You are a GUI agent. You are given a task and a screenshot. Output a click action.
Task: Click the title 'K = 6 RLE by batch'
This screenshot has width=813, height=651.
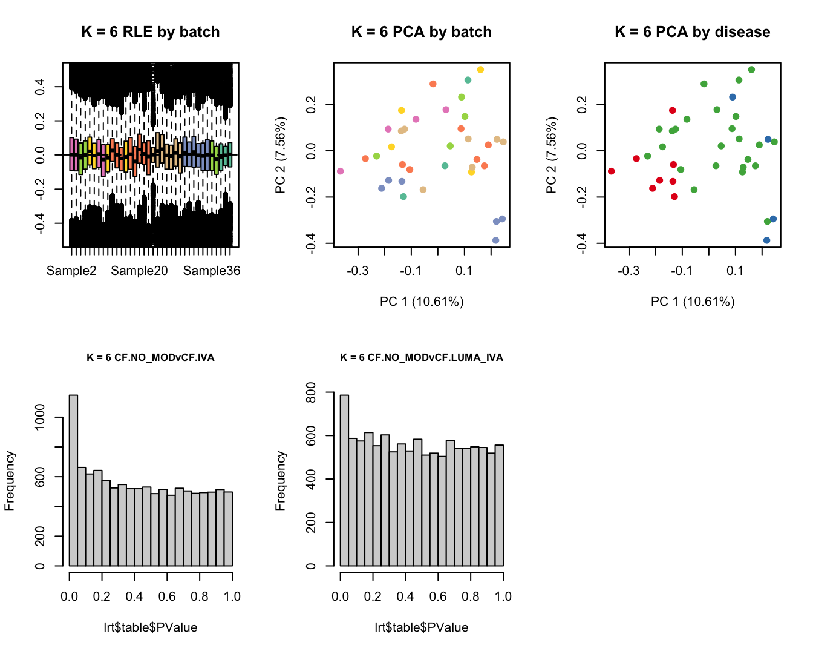coord(151,32)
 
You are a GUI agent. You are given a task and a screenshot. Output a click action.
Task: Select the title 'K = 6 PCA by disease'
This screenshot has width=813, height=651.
coord(692,32)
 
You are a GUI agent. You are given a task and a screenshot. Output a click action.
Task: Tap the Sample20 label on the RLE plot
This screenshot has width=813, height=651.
coord(139,271)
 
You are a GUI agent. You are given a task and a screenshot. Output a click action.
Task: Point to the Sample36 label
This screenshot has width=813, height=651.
coord(212,271)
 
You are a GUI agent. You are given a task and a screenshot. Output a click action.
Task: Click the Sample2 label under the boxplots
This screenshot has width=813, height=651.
coord(71,271)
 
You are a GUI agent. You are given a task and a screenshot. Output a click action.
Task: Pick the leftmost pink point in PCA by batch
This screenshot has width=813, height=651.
coord(340,171)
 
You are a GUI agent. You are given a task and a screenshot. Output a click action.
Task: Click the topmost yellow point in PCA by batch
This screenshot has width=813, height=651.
coord(480,70)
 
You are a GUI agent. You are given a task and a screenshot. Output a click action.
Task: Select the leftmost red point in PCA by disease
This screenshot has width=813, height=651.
coord(611,171)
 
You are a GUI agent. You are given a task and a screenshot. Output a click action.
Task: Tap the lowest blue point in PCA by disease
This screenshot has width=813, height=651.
coord(766,240)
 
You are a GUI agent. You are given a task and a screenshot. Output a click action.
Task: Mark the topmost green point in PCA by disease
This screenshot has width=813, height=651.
coord(751,70)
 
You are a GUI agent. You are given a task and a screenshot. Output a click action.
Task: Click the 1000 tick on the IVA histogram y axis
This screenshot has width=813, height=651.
coord(40,418)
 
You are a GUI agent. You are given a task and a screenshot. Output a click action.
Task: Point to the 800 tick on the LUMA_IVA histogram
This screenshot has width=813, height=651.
coord(311,392)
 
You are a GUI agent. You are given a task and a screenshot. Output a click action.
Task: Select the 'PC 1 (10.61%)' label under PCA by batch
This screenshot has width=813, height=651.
coord(422,302)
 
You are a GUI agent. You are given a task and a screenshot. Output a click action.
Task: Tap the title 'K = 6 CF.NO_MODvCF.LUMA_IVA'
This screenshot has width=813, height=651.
coord(422,357)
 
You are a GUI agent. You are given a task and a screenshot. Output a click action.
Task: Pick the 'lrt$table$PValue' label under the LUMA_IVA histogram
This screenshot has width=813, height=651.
coord(422,627)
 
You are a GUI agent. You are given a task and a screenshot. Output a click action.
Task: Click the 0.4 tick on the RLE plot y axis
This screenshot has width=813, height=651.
coord(40,87)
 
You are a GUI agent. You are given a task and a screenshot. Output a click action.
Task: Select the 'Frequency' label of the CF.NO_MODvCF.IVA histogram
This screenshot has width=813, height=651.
coord(9,481)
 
